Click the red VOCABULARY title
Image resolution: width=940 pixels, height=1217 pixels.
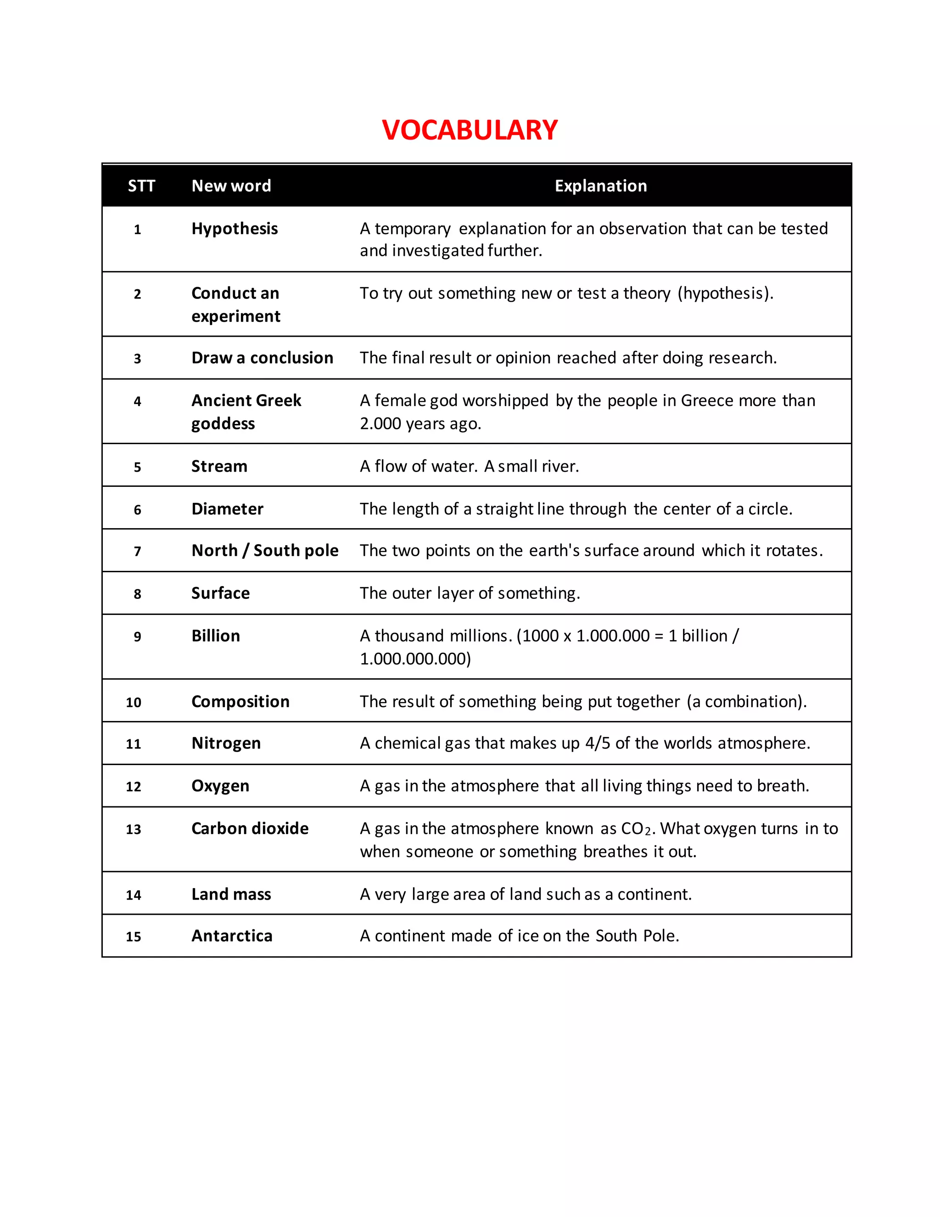click(x=470, y=130)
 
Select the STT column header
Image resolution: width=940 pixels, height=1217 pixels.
click(x=141, y=186)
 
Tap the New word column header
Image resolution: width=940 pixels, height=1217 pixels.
click(x=231, y=186)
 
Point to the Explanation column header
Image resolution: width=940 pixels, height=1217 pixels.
click(x=600, y=186)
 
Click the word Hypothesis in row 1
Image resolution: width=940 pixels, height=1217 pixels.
click(x=235, y=228)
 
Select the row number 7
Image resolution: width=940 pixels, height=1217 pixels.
click(x=138, y=551)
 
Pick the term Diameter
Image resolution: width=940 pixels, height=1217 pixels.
click(x=227, y=509)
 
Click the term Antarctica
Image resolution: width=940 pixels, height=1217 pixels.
click(x=232, y=935)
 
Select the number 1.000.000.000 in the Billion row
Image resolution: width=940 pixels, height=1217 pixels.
click(x=415, y=659)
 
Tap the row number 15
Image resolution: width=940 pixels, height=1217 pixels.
click(x=134, y=937)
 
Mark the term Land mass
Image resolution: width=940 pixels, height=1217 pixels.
click(x=231, y=894)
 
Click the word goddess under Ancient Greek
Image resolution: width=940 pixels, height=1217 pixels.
click(x=223, y=423)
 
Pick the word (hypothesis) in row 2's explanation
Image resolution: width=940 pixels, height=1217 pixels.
click(x=725, y=293)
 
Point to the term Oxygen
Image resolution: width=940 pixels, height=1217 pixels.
click(x=220, y=786)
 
